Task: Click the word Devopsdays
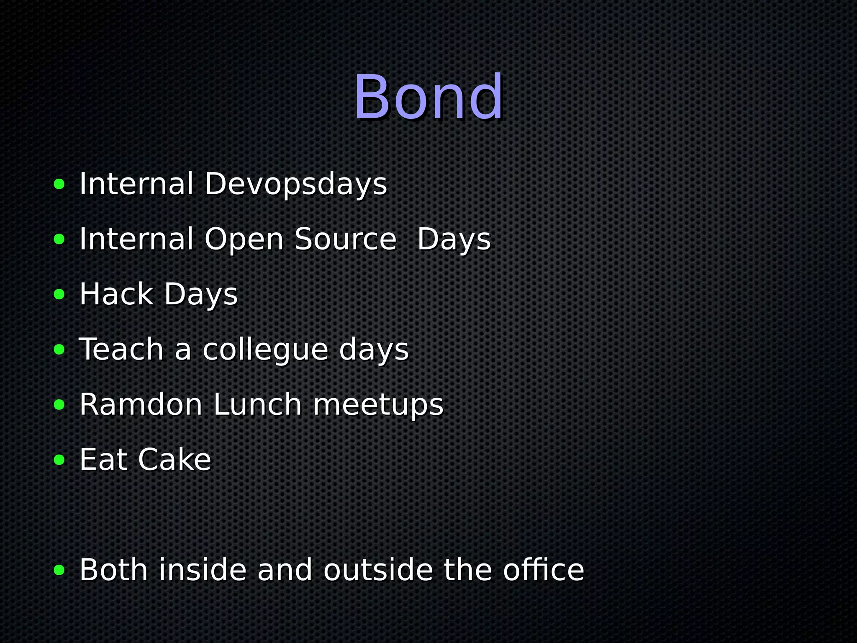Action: click(295, 184)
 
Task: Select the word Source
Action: click(345, 239)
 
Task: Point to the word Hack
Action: click(116, 294)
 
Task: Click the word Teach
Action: click(121, 349)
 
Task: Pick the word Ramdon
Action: click(141, 404)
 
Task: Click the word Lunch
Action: click(257, 404)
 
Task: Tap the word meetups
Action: click(378, 405)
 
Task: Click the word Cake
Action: click(174, 460)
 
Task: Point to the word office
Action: click(543, 570)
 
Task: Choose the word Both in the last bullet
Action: click(113, 570)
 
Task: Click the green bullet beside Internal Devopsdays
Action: click(59, 184)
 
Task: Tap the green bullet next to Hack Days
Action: click(59, 294)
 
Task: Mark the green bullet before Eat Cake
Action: click(59, 460)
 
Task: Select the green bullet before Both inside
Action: click(59, 570)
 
